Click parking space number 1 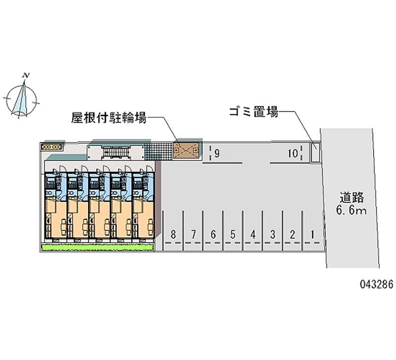click(x=312, y=235)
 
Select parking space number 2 click(x=293, y=235)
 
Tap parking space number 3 click(x=273, y=235)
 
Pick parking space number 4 click(x=253, y=235)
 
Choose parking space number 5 click(x=233, y=235)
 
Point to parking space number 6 click(x=213, y=235)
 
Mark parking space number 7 click(x=194, y=235)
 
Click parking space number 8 click(x=173, y=235)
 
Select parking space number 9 click(x=217, y=154)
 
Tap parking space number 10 click(x=293, y=154)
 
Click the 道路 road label click(x=351, y=197)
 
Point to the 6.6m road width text click(x=351, y=209)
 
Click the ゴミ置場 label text click(x=253, y=111)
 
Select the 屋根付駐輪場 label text click(x=109, y=117)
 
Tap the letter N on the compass click(x=26, y=75)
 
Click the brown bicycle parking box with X click(x=186, y=151)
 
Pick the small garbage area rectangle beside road click(x=315, y=153)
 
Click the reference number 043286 click(x=376, y=284)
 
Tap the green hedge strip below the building click(x=98, y=247)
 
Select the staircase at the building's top click(x=116, y=153)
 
